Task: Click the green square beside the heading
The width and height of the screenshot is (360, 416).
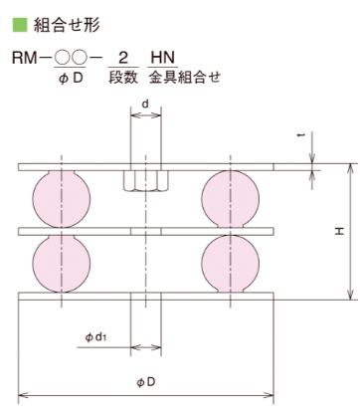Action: click(20, 25)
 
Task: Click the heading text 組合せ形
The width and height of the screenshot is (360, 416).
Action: click(67, 25)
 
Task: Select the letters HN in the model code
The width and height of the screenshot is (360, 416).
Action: click(162, 58)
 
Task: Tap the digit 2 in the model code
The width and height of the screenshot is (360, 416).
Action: click(123, 58)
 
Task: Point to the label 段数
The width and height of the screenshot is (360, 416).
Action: click(123, 78)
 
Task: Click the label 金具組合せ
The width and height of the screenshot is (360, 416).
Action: click(184, 78)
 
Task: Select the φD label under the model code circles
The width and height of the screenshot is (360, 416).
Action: click(71, 79)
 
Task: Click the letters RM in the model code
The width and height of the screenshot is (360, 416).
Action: click(24, 58)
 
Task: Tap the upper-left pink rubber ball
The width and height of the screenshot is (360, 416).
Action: click(62, 199)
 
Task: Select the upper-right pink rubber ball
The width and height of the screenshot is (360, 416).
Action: click(231, 199)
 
